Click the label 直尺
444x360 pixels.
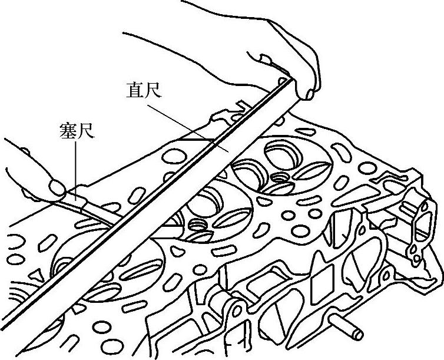pyautogui.click(x=144, y=91)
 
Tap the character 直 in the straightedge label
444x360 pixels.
pyautogui.click(x=135, y=91)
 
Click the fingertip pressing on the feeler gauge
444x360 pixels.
pyautogui.click(x=57, y=188)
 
